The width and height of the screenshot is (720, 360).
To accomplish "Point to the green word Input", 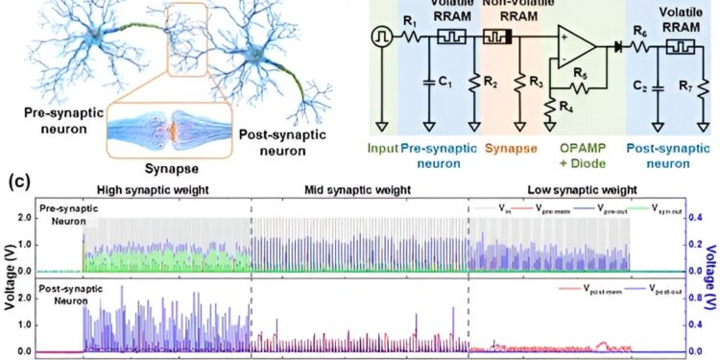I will tap(382, 148).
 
